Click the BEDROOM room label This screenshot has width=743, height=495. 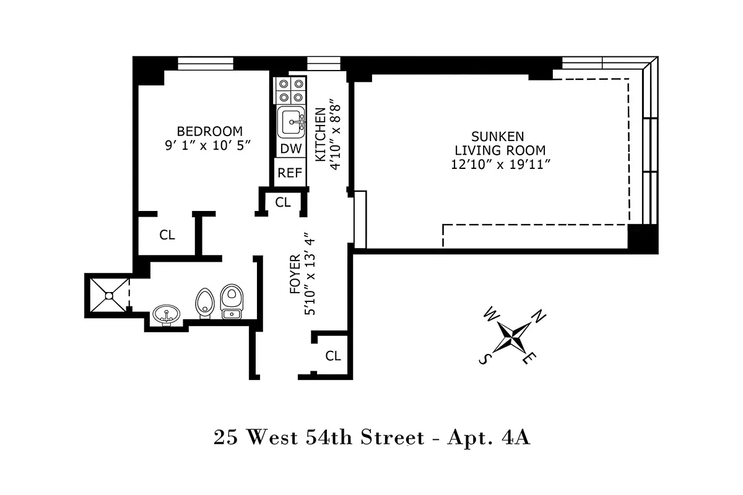[210, 132]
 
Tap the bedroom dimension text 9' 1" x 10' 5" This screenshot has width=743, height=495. [207, 145]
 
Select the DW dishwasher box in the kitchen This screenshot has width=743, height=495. [291, 149]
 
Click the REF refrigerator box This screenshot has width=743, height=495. [290, 173]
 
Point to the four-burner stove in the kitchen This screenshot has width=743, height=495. [290, 90]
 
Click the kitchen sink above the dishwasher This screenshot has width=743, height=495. [291, 122]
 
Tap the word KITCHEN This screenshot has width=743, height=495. [321, 135]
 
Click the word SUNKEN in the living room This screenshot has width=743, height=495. [498, 137]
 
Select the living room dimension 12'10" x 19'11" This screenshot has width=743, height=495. [500, 165]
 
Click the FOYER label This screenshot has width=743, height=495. [295, 274]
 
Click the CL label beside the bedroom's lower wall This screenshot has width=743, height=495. [167, 235]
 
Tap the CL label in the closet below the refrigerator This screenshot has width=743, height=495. [283, 202]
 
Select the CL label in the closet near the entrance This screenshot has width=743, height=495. [333, 356]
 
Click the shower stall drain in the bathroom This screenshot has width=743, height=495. [109, 295]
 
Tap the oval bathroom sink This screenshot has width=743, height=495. [166, 316]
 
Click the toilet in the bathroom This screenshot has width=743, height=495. [232, 301]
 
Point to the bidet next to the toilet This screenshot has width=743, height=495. [204, 303]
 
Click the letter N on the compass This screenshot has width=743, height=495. [539, 316]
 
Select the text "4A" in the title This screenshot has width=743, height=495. [516, 437]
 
